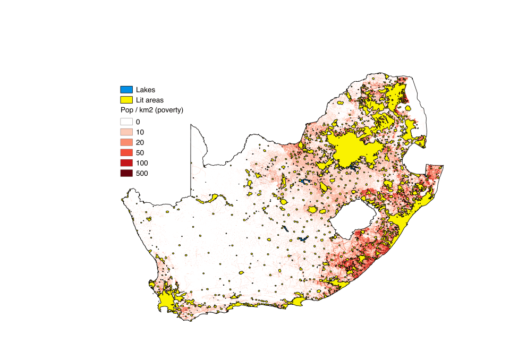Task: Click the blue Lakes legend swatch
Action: pos(126,89)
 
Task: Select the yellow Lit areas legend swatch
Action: pos(126,100)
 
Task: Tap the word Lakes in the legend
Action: pos(146,90)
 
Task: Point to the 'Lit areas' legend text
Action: pos(150,100)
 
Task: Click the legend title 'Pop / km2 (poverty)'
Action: pos(152,110)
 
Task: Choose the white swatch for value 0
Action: pos(126,122)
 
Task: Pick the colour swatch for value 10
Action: pos(126,132)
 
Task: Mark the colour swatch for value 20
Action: pos(126,142)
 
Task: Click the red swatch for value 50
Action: pos(126,152)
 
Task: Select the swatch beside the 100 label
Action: pos(126,162)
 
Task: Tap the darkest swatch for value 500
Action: pos(126,173)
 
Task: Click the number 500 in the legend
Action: pos(142,173)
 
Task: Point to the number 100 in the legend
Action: pos(142,162)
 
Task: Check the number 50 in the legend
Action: pos(140,152)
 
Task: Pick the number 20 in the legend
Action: pos(140,142)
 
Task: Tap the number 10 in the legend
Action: pos(140,132)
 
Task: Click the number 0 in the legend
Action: pos(138,122)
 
